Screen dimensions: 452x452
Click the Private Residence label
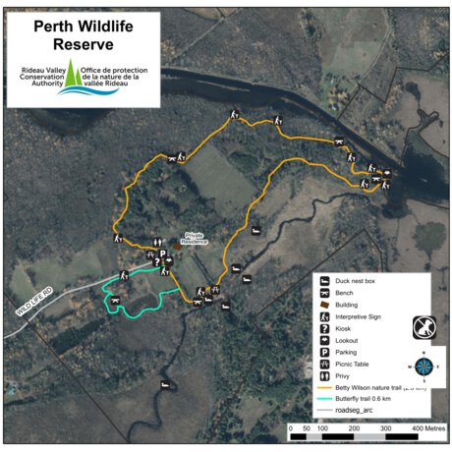pyautogui.click(x=193, y=238)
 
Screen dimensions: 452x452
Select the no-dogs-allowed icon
pyautogui.click(x=424, y=325)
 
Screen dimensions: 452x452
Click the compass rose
pyautogui.click(x=424, y=366)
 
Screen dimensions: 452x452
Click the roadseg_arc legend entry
pyautogui.click(x=359, y=412)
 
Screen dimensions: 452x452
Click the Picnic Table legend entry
pyautogui.click(x=356, y=364)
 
